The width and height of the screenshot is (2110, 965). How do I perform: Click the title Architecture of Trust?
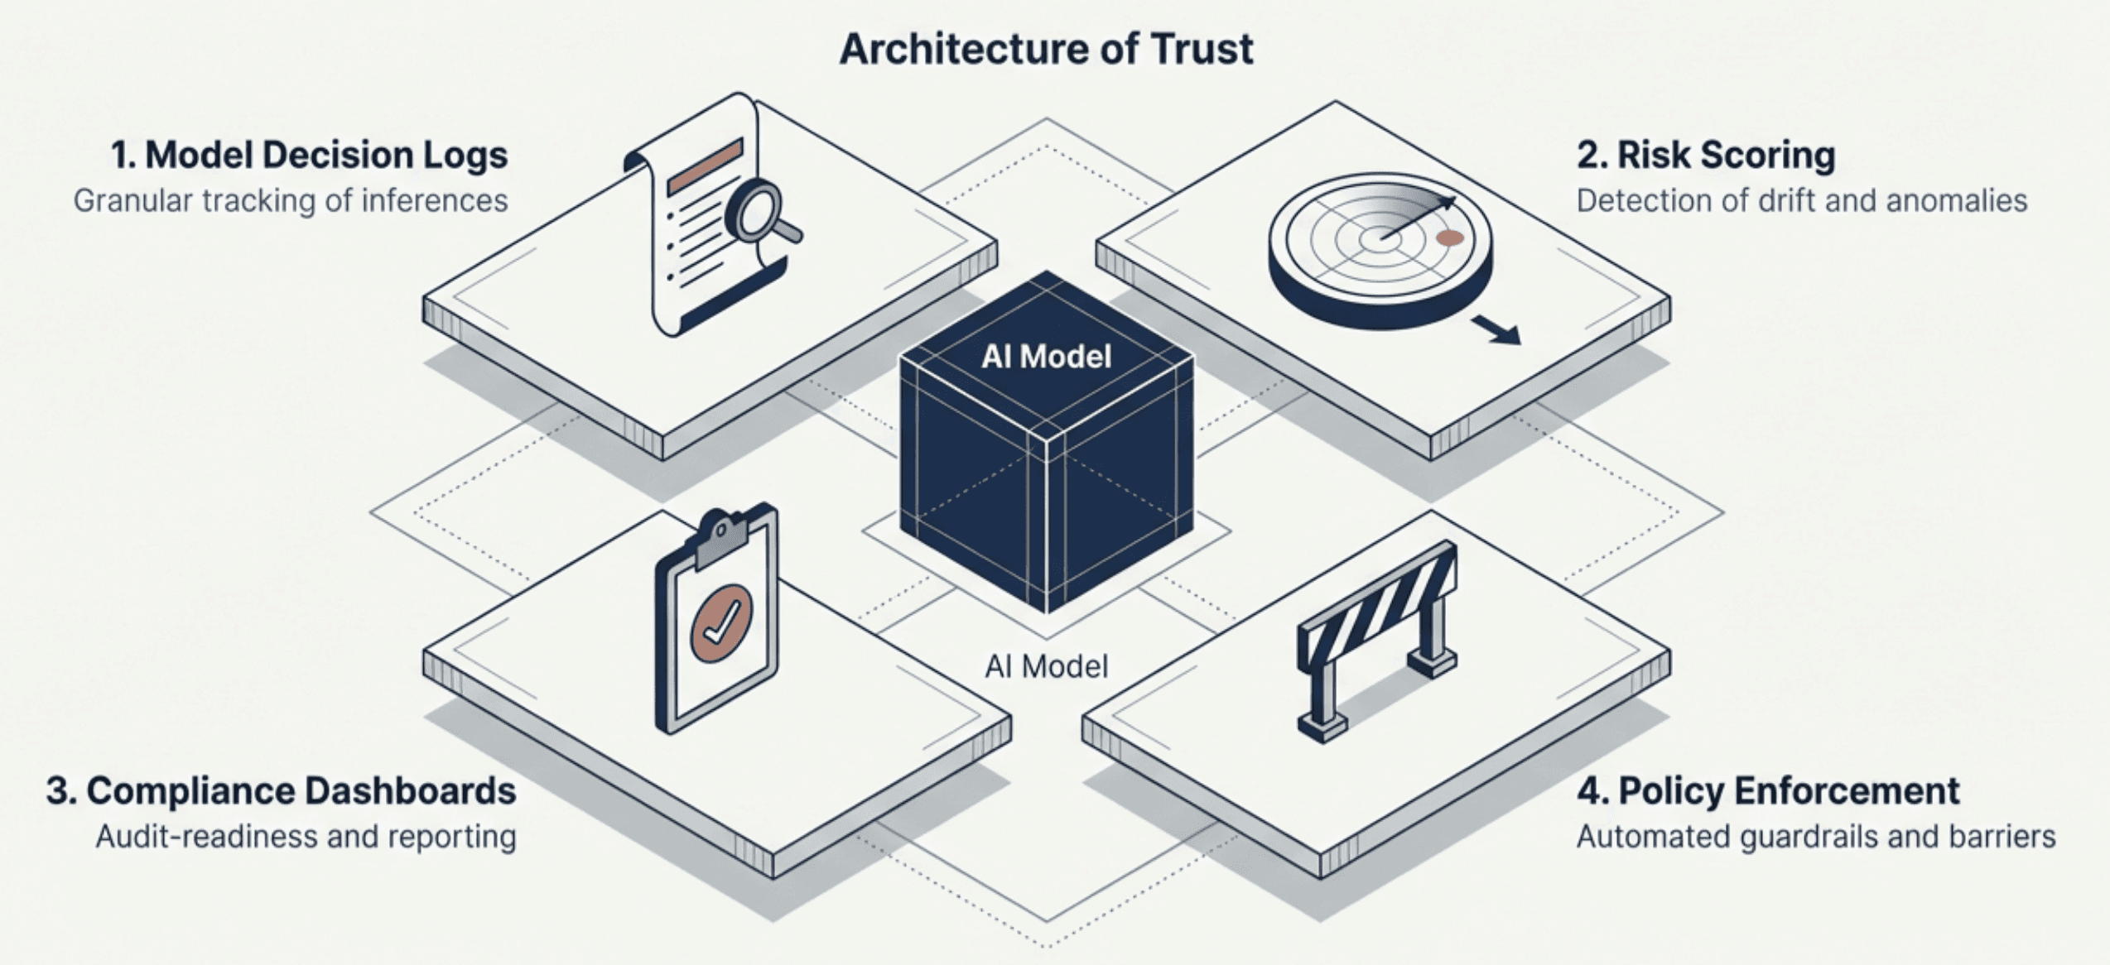pos(1046,49)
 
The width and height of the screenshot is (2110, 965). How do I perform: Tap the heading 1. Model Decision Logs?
pos(309,156)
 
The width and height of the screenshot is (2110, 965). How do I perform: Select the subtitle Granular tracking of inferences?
pos(290,201)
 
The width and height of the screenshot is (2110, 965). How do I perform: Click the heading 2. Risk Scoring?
pos(1705,156)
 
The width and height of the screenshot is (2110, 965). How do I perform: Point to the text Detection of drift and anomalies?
pos(1801,201)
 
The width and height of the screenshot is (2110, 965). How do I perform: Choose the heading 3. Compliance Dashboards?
pos(281,791)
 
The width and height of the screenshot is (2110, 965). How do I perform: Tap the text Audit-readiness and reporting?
pos(306,837)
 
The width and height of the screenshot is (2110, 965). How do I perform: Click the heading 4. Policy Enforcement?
pos(1767,791)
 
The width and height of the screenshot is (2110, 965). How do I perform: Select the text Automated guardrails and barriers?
pos(1815,837)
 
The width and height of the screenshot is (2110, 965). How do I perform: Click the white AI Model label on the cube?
pos(1046,357)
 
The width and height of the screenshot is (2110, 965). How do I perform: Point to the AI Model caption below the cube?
pos(1046,666)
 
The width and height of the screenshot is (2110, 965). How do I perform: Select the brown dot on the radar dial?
pos(1449,238)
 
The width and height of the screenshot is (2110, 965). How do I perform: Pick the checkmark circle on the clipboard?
pos(721,623)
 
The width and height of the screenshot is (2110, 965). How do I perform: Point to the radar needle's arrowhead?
pos(1447,201)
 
